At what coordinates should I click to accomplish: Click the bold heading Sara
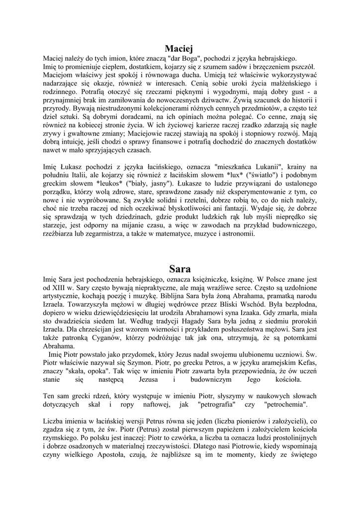(180, 270)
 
